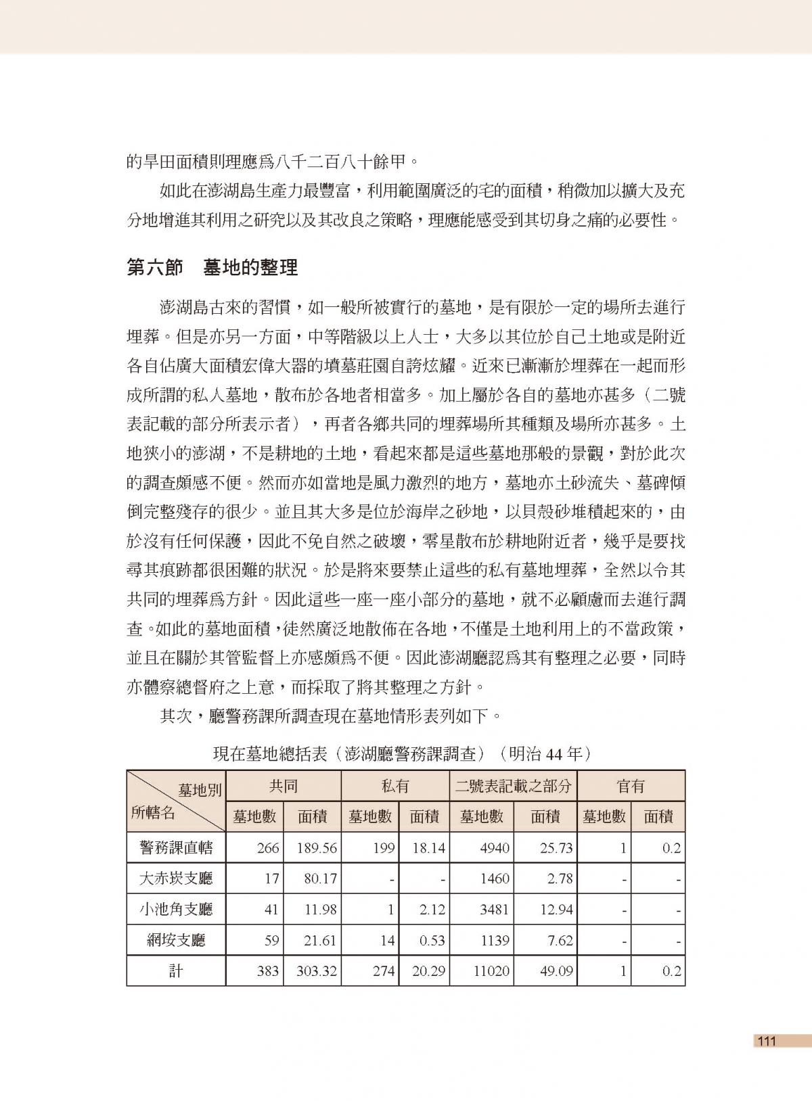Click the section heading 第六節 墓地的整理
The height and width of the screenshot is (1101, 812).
point(212,268)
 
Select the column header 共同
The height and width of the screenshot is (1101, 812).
point(284,786)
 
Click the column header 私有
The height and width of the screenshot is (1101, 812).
point(395,786)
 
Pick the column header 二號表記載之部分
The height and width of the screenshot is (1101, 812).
point(513,786)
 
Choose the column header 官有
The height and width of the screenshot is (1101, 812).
point(631,786)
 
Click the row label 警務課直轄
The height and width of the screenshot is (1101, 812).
point(176,847)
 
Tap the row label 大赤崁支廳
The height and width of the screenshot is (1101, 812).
point(176,879)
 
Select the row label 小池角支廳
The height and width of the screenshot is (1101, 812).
point(176,910)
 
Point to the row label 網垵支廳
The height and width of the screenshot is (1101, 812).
point(176,940)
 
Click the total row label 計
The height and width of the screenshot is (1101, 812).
point(176,971)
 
